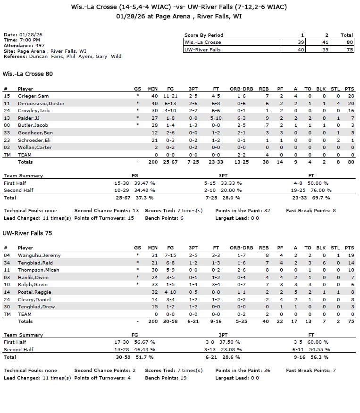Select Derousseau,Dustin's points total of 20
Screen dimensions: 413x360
(350, 103)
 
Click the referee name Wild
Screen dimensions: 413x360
(116, 56)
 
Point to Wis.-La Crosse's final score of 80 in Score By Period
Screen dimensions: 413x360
(350, 42)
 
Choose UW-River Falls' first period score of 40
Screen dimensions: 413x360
(301, 50)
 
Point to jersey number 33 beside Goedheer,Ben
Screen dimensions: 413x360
(7, 132)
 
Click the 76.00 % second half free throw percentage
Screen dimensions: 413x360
(319, 190)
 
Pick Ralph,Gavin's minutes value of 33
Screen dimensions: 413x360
(155, 285)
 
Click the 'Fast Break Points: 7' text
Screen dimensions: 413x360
(310, 371)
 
